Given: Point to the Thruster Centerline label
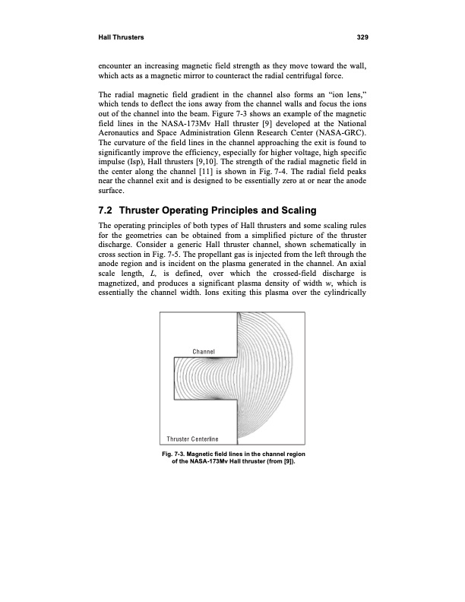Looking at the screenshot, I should click(x=193, y=439).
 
